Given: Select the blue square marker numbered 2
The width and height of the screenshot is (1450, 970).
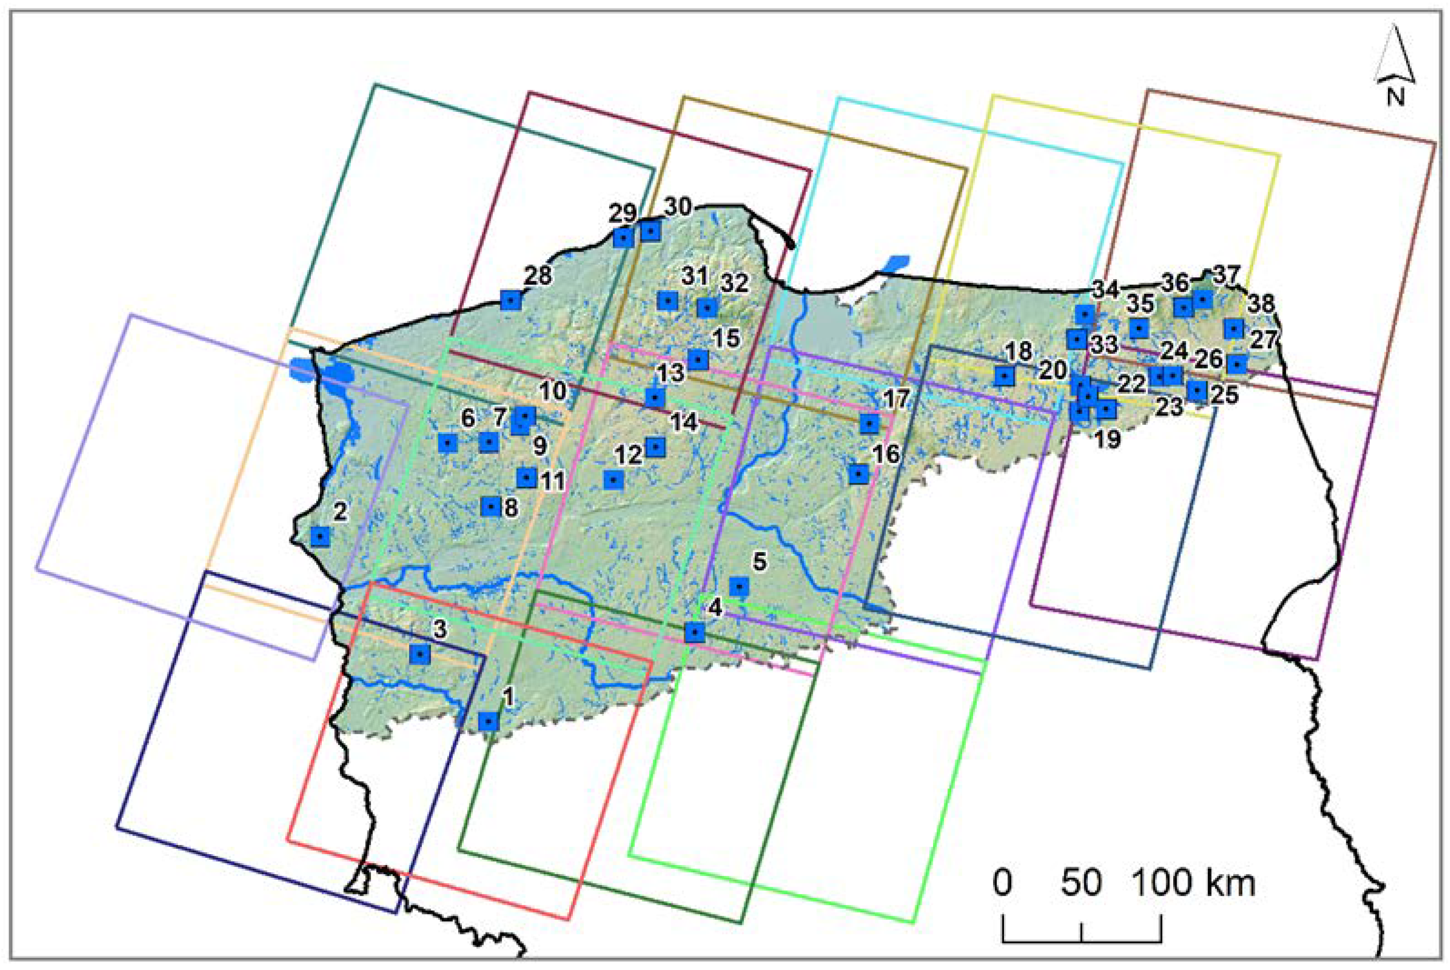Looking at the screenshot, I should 320,537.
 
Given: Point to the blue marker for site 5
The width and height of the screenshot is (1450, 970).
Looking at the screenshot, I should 739,586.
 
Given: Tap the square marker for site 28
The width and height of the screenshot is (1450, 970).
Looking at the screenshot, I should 511,300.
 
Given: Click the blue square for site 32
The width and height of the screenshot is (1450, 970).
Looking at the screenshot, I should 707,308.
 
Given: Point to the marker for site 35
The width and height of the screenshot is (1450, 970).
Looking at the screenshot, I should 1139,328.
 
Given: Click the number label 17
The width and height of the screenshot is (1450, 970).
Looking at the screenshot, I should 895,399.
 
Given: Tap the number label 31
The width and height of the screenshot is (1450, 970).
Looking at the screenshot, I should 694,276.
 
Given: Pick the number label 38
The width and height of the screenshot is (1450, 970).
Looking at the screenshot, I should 1261,304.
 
